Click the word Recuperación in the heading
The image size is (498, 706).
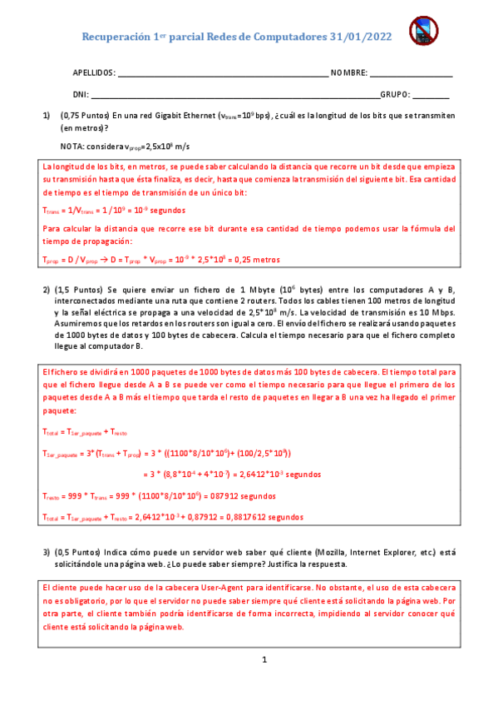click(x=116, y=36)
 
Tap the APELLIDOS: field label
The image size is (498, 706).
click(x=94, y=73)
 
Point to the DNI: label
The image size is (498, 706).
click(x=81, y=95)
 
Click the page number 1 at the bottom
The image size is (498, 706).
click(x=264, y=660)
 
